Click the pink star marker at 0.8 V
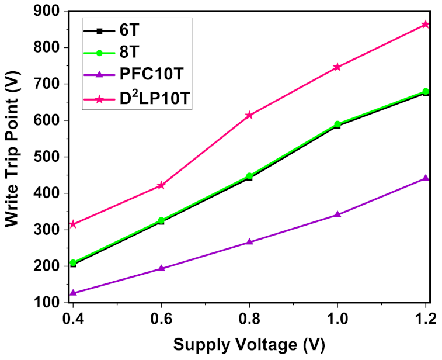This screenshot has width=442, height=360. [x=249, y=115]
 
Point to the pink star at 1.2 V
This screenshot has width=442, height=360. [x=426, y=25]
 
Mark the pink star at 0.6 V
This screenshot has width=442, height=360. [x=162, y=185]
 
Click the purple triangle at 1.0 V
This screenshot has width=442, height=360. [x=337, y=214]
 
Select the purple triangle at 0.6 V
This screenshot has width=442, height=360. [x=162, y=268]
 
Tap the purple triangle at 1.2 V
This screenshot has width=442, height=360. [x=426, y=178]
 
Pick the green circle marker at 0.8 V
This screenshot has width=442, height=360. [x=249, y=176]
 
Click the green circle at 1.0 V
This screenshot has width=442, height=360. [x=337, y=124]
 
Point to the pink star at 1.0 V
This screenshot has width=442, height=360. [x=337, y=67]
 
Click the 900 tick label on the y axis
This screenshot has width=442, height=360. [x=47, y=11]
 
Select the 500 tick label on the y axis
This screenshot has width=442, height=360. [x=47, y=157]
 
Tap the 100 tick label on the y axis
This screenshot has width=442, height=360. [x=47, y=303]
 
